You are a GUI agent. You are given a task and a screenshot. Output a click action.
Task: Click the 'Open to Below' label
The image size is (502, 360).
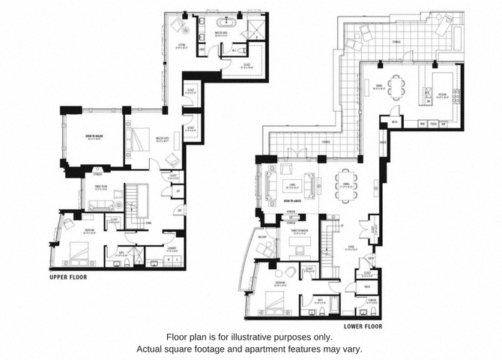(x=94, y=136)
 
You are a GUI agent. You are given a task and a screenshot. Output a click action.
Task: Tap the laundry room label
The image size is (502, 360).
(x=171, y=247)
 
